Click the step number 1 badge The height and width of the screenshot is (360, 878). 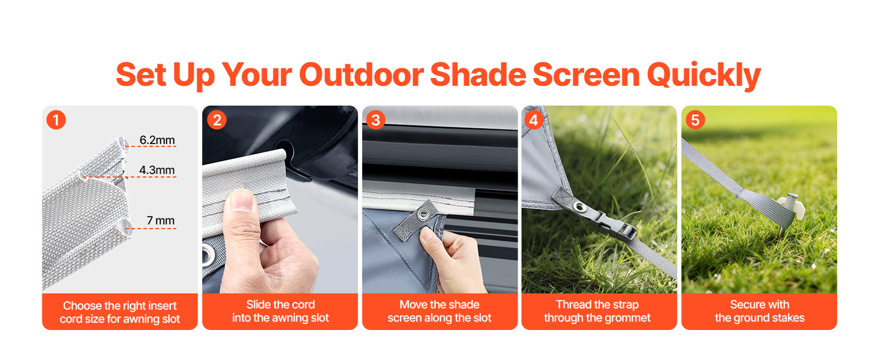click(x=56, y=119)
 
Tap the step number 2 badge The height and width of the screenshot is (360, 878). click(x=217, y=119)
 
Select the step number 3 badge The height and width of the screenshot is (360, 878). click(x=375, y=119)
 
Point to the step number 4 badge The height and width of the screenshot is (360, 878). click(x=534, y=119)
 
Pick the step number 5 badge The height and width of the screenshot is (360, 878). click(x=695, y=119)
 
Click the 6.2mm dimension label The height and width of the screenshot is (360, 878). click(x=157, y=140)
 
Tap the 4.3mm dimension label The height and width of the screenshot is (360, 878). click(x=157, y=170)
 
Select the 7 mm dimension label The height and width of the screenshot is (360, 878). click(x=161, y=220)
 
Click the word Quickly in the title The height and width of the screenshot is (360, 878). click(x=704, y=75)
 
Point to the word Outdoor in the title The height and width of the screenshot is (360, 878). click(x=361, y=74)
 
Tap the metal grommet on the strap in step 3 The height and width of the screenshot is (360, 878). click(x=423, y=214)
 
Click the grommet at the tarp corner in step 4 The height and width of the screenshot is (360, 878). click(x=578, y=206)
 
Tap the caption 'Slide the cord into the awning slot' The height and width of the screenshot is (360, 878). click(x=280, y=311)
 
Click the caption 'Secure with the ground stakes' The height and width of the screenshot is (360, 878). click(x=759, y=311)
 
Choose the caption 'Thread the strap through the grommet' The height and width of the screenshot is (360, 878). click(x=597, y=311)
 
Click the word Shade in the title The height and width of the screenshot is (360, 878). click(x=478, y=74)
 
